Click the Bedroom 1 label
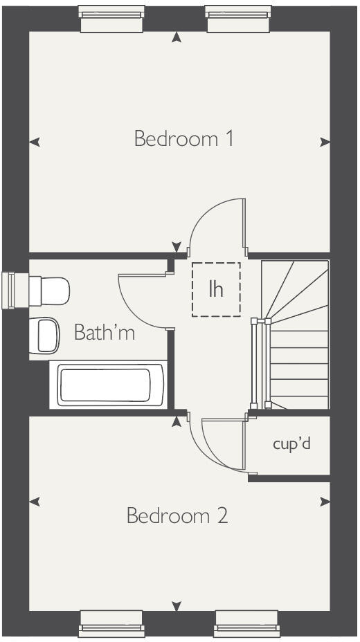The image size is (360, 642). point(183,139)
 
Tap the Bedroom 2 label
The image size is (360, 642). point(177,516)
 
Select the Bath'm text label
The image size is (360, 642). point(105,333)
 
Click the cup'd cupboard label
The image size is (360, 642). point(291,444)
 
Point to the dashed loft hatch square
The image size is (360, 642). point(216,289)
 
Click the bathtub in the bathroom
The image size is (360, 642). point(105,386)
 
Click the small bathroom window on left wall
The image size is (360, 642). point(9,290)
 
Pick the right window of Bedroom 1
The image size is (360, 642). point(236,19)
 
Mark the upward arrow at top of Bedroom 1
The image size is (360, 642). point(177,37)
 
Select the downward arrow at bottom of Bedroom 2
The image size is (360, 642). point(177,606)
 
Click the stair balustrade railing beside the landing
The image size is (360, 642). point(259,363)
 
